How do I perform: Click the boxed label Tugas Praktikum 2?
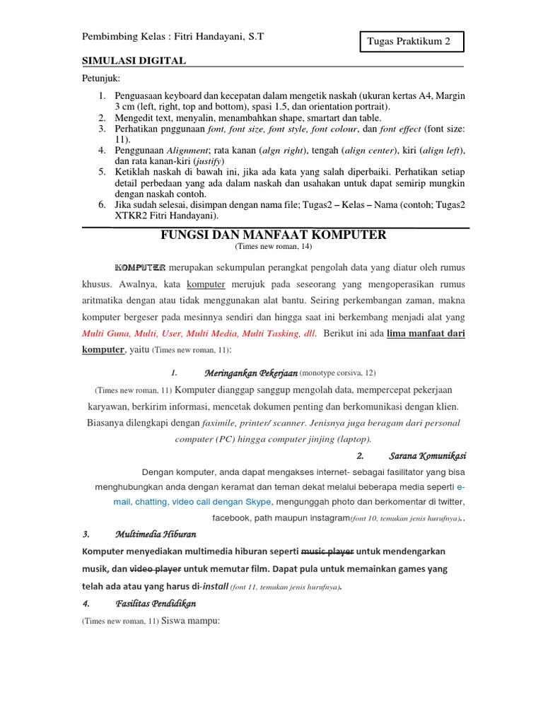point(408,42)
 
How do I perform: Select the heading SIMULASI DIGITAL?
point(134,61)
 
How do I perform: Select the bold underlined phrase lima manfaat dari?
point(426,334)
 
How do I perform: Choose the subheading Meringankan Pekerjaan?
point(251,373)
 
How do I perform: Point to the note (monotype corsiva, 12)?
point(337,373)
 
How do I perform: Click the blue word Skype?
point(258,501)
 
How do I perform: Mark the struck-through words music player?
point(327,551)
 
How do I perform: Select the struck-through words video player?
point(156,568)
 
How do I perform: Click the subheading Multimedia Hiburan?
point(156,534)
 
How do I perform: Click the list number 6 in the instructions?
point(102,204)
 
